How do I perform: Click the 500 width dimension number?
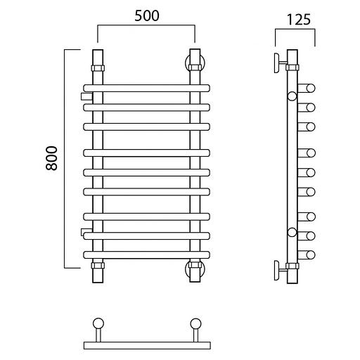pos(147,16)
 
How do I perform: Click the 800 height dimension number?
pos(51,158)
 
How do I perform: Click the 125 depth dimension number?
pos(299,20)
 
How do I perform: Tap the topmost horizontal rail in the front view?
pos(146,88)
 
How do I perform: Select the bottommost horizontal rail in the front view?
pos(146,255)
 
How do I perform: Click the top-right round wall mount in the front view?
pos(195,63)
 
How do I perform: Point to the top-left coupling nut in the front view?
pos(98,68)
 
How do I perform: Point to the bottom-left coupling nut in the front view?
pos(98,266)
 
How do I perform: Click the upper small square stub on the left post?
pos(86,96)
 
